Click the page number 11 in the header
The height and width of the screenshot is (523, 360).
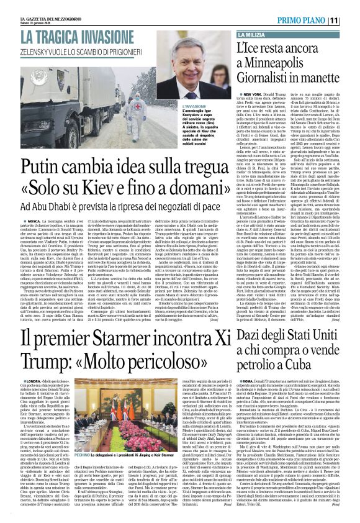tap(351, 20)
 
